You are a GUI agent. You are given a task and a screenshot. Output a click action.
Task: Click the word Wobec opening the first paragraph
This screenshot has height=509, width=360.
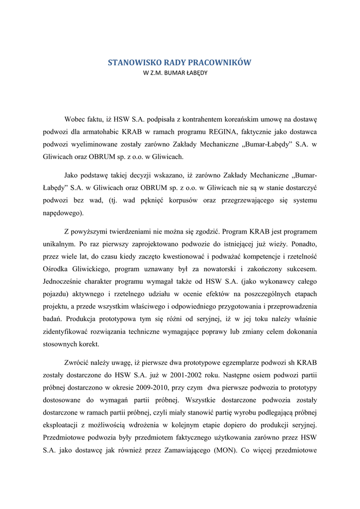point(76,120)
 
